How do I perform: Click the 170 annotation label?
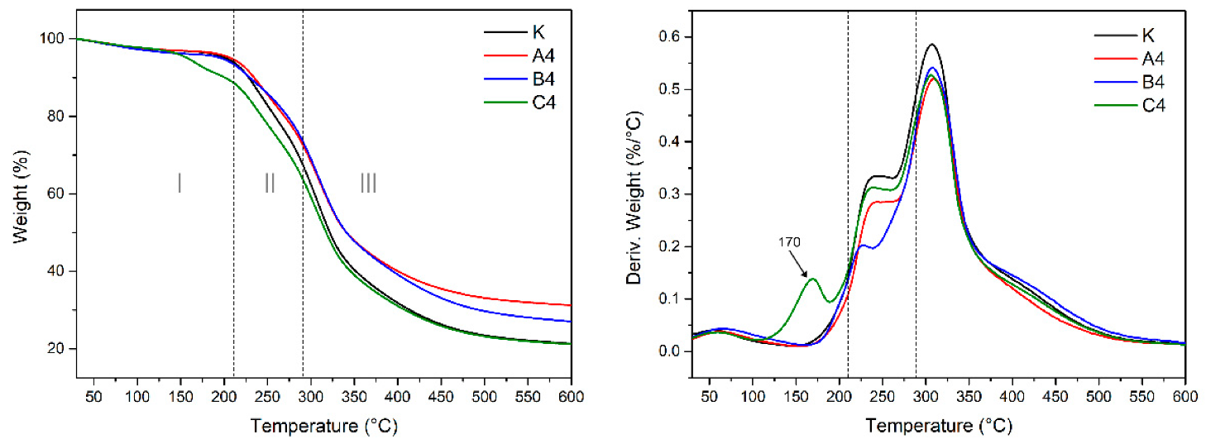[790, 243]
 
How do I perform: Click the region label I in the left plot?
[179, 183]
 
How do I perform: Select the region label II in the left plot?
[270, 183]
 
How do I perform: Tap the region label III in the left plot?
[368, 183]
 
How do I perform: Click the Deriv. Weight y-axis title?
[634, 194]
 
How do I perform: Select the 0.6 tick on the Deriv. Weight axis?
[666, 37]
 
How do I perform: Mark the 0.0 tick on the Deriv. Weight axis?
[666, 351]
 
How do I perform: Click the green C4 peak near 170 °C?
[812, 279]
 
